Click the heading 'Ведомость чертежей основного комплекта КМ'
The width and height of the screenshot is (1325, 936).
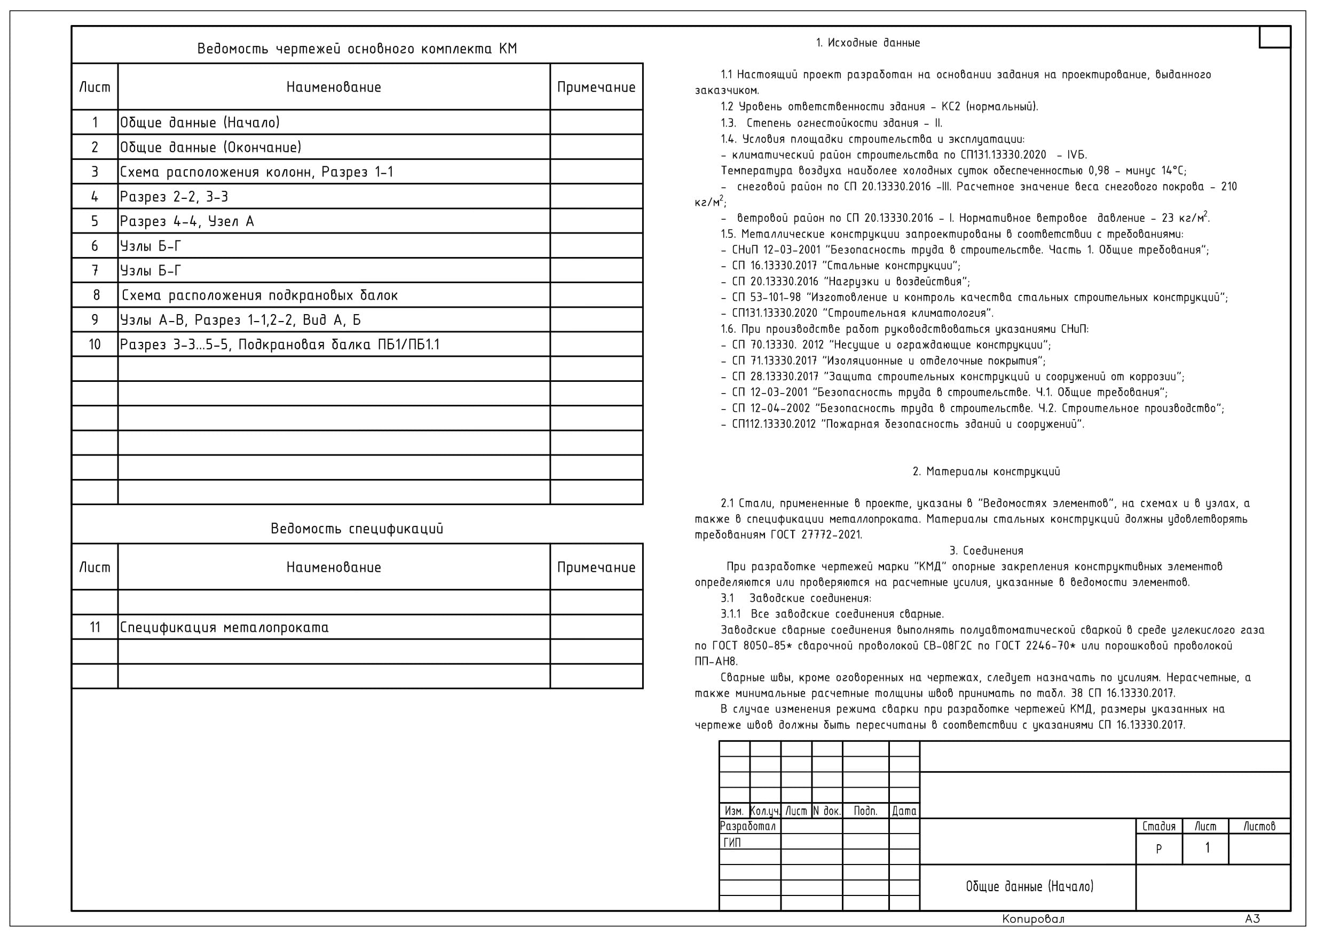(x=357, y=49)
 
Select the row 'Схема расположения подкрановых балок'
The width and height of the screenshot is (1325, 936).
(x=259, y=295)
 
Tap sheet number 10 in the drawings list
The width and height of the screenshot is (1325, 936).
(x=94, y=345)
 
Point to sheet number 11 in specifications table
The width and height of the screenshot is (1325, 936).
(x=94, y=627)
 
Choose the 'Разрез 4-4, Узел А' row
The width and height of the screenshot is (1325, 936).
(x=187, y=221)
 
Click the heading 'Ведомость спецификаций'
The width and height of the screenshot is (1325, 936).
(x=357, y=528)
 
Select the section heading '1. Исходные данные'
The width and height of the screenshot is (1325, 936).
(x=867, y=43)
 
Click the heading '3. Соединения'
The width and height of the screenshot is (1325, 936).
(x=985, y=550)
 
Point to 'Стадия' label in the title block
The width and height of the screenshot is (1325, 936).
(x=1158, y=826)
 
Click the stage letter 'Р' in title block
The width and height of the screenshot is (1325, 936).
(x=1158, y=849)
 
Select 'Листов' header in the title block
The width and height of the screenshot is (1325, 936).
(x=1259, y=826)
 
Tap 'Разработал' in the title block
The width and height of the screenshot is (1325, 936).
(x=748, y=826)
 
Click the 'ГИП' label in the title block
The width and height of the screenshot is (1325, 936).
(x=732, y=843)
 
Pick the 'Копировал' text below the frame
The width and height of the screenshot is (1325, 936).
(x=1033, y=919)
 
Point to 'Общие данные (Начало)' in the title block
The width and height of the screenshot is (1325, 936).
(x=1029, y=886)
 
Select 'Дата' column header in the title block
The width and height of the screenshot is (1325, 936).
(x=904, y=811)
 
